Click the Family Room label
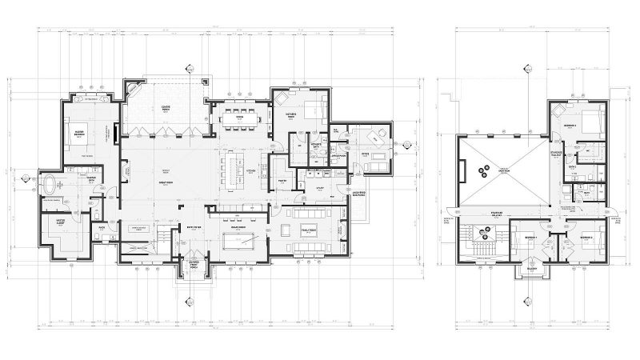click(308, 230)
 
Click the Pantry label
click(282, 182)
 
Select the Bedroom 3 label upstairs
click(568, 126)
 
